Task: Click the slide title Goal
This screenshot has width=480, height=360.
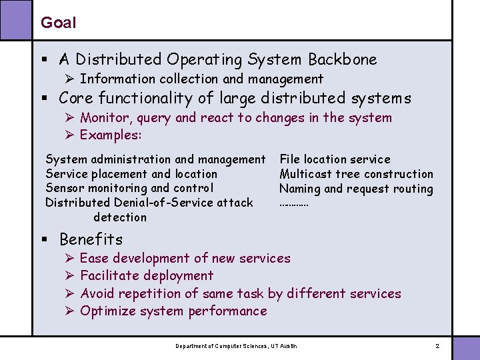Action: click(x=58, y=23)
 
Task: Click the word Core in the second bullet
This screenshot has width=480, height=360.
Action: click(x=76, y=99)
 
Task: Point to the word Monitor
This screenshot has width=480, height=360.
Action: click(x=103, y=118)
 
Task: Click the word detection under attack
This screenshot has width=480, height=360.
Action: click(x=120, y=217)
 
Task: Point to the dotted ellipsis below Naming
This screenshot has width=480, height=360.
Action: click(x=293, y=203)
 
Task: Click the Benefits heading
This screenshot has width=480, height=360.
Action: click(x=91, y=239)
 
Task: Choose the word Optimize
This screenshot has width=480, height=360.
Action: click(x=109, y=311)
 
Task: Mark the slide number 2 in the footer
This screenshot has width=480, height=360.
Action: click(x=437, y=346)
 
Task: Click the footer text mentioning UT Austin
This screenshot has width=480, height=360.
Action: click(x=236, y=346)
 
